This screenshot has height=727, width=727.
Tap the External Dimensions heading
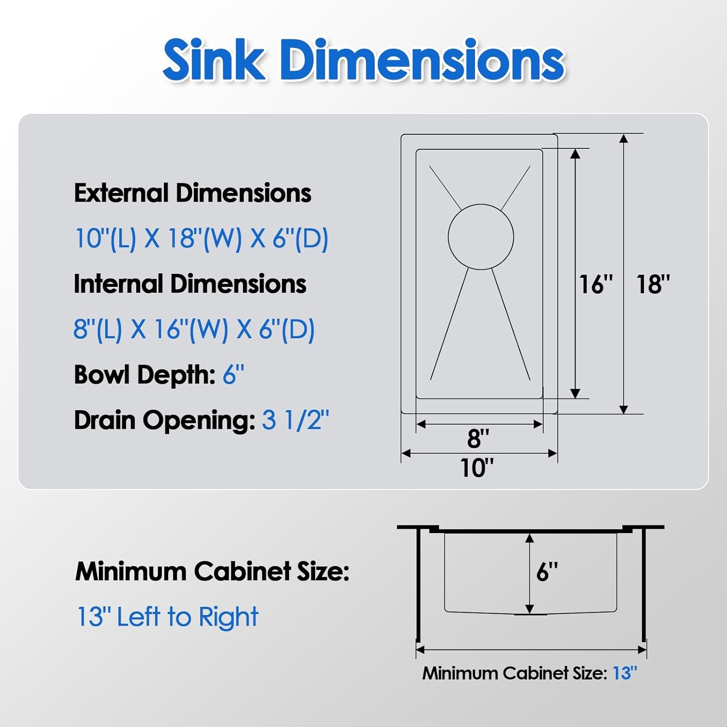(x=192, y=193)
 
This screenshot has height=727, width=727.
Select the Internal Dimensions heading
(x=190, y=284)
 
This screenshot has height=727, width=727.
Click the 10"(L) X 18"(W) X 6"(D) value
(x=202, y=238)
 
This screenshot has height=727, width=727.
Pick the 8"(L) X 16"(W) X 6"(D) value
(x=194, y=329)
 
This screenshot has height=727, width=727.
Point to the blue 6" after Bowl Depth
(x=233, y=375)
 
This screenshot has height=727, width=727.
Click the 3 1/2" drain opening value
(x=295, y=420)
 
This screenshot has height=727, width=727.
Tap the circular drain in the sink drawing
(x=480, y=237)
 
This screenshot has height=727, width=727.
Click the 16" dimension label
(x=596, y=284)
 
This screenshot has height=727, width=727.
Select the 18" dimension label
(x=652, y=284)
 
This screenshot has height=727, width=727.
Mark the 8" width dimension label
(x=478, y=438)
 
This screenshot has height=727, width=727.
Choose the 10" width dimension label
(x=476, y=468)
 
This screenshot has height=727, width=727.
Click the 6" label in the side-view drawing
(x=547, y=572)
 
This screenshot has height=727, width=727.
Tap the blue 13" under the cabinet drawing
(x=625, y=673)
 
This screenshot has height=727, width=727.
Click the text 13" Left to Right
(x=168, y=617)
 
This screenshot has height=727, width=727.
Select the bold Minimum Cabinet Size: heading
(x=212, y=571)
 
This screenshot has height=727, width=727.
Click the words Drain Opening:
(x=164, y=420)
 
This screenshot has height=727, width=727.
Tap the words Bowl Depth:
(x=144, y=375)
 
